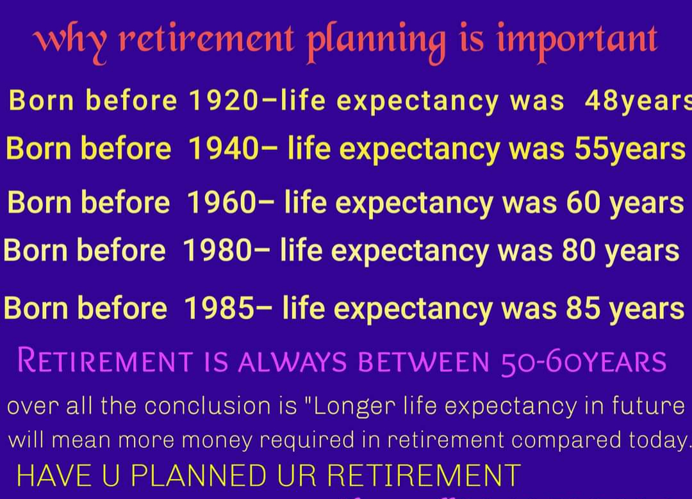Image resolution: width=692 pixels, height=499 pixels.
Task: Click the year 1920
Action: pos(221,101)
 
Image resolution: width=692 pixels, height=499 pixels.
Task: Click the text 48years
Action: pos(638,101)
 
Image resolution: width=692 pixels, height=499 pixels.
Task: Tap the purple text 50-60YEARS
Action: pos(582,361)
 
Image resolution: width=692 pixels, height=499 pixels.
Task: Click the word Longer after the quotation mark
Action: pos(358,406)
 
